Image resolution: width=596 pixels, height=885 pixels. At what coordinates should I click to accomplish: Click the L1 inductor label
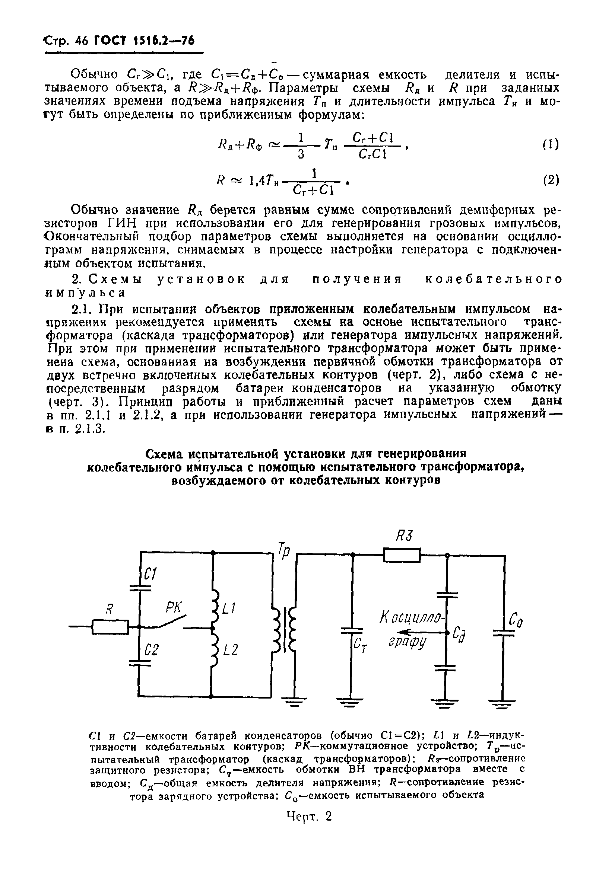point(229,609)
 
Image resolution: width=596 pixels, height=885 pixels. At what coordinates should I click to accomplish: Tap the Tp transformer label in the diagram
point(284,550)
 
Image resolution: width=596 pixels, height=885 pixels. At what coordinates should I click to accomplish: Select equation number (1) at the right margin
point(551,144)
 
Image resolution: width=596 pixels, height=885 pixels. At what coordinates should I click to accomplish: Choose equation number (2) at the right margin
point(551,180)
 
